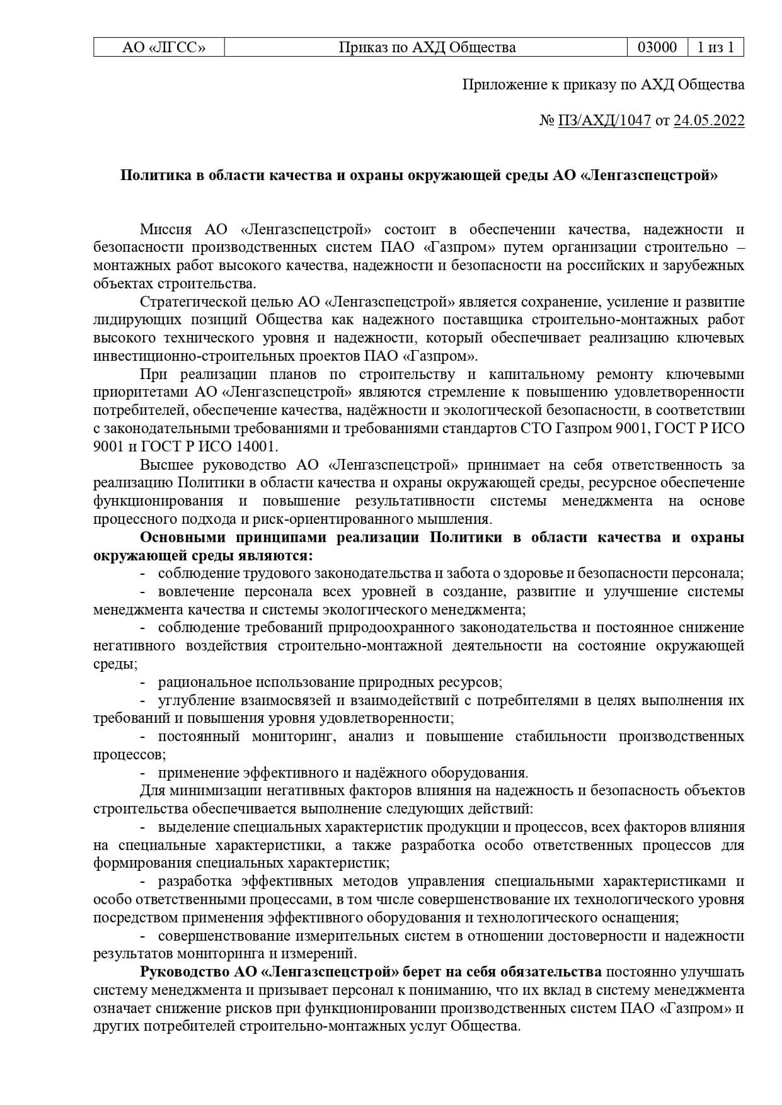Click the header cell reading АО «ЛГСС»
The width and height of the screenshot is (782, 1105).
pyautogui.click(x=159, y=47)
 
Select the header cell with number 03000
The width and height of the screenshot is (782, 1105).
pyautogui.click(x=657, y=47)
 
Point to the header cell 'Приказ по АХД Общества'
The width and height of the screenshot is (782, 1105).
pyautogui.click(x=427, y=47)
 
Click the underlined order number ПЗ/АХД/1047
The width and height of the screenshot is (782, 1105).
pyautogui.click(x=604, y=120)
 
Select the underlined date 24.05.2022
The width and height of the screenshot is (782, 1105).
pyautogui.click(x=709, y=120)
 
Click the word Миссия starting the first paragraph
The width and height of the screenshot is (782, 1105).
pyautogui.click(x=165, y=229)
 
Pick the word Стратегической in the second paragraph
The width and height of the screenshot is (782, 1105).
pyautogui.click(x=187, y=302)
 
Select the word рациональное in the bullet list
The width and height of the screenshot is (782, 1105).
pyautogui.click(x=204, y=682)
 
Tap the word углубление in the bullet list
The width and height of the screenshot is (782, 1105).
pyautogui.click(x=195, y=700)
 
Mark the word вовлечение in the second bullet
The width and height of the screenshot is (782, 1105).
pyautogui.click(x=196, y=592)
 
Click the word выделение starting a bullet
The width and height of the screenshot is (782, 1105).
pyautogui.click(x=193, y=827)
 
